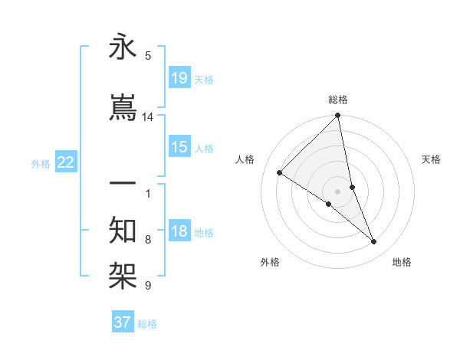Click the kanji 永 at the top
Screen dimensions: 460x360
(x=123, y=47)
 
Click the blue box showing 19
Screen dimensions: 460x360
(x=179, y=78)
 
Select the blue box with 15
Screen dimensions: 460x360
(x=179, y=147)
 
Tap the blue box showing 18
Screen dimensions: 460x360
(x=179, y=232)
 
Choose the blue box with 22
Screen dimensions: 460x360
(x=66, y=162)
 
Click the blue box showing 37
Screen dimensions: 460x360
(x=123, y=322)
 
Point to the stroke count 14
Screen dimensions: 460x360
(x=148, y=117)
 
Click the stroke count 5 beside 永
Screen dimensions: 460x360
(x=148, y=55)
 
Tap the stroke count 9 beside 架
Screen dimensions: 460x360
(x=148, y=286)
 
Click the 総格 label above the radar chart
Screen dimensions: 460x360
(x=338, y=100)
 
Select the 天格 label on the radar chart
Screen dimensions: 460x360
(x=432, y=159)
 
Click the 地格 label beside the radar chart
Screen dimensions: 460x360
(x=402, y=262)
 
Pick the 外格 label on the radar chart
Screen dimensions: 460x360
(x=270, y=262)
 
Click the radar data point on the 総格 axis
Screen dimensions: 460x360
(x=338, y=116)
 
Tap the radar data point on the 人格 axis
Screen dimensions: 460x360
(x=280, y=172)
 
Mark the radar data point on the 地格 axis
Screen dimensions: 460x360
(x=374, y=242)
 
